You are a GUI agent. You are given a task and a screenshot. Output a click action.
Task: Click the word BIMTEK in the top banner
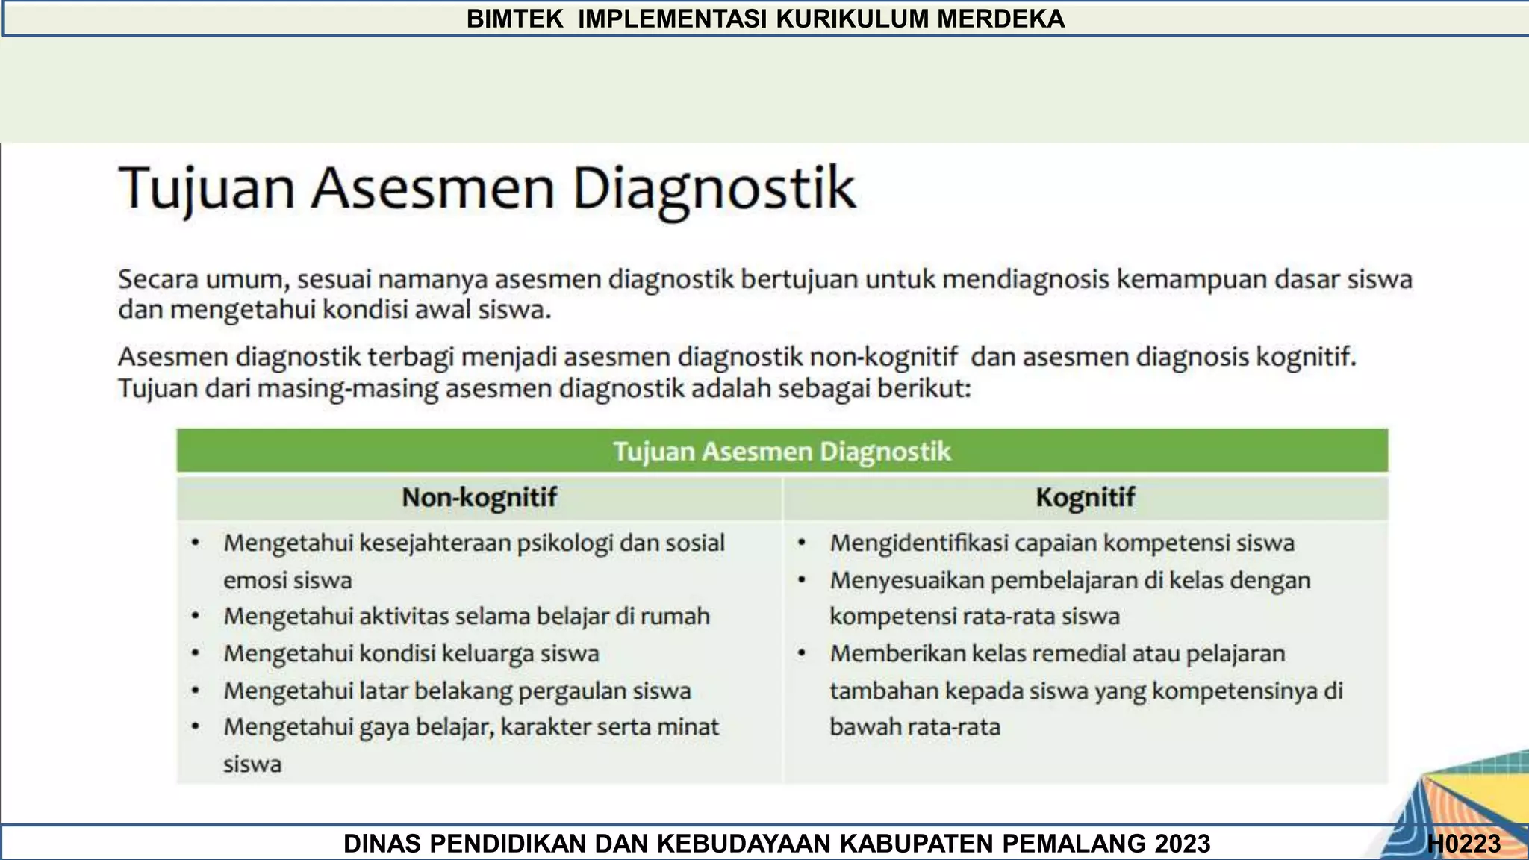(x=514, y=19)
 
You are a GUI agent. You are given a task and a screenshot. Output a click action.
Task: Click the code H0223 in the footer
(x=1463, y=844)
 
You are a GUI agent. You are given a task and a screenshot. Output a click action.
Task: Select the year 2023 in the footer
(x=1182, y=844)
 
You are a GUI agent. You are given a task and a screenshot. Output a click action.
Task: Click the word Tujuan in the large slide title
(x=207, y=188)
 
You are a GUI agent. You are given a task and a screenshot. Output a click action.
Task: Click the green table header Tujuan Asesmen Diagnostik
(x=782, y=451)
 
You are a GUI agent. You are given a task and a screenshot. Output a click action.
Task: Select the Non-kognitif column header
(x=479, y=497)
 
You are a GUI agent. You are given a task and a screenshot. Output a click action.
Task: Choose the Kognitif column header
(x=1085, y=497)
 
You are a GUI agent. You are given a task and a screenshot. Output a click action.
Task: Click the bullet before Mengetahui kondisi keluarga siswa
(x=196, y=654)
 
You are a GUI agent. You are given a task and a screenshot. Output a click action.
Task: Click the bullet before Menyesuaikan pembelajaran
(x=802, y=581)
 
